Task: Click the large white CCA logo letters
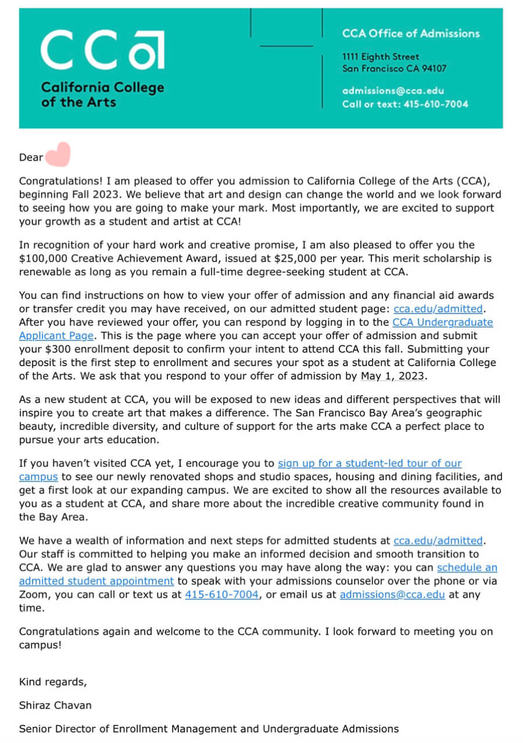point(102,50)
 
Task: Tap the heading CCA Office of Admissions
point(411,34)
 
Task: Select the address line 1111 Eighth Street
point(380,57)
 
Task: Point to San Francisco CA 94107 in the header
point(394,68)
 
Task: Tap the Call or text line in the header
point(405,104)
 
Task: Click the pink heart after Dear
point(58,154)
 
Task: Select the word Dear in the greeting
point(31,157)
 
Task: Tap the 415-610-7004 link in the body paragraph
point(221,594)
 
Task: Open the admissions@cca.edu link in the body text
point(392,594)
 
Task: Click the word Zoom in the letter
point(32,594)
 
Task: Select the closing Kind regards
point(53,681)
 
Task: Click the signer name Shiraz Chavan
point(55,705)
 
